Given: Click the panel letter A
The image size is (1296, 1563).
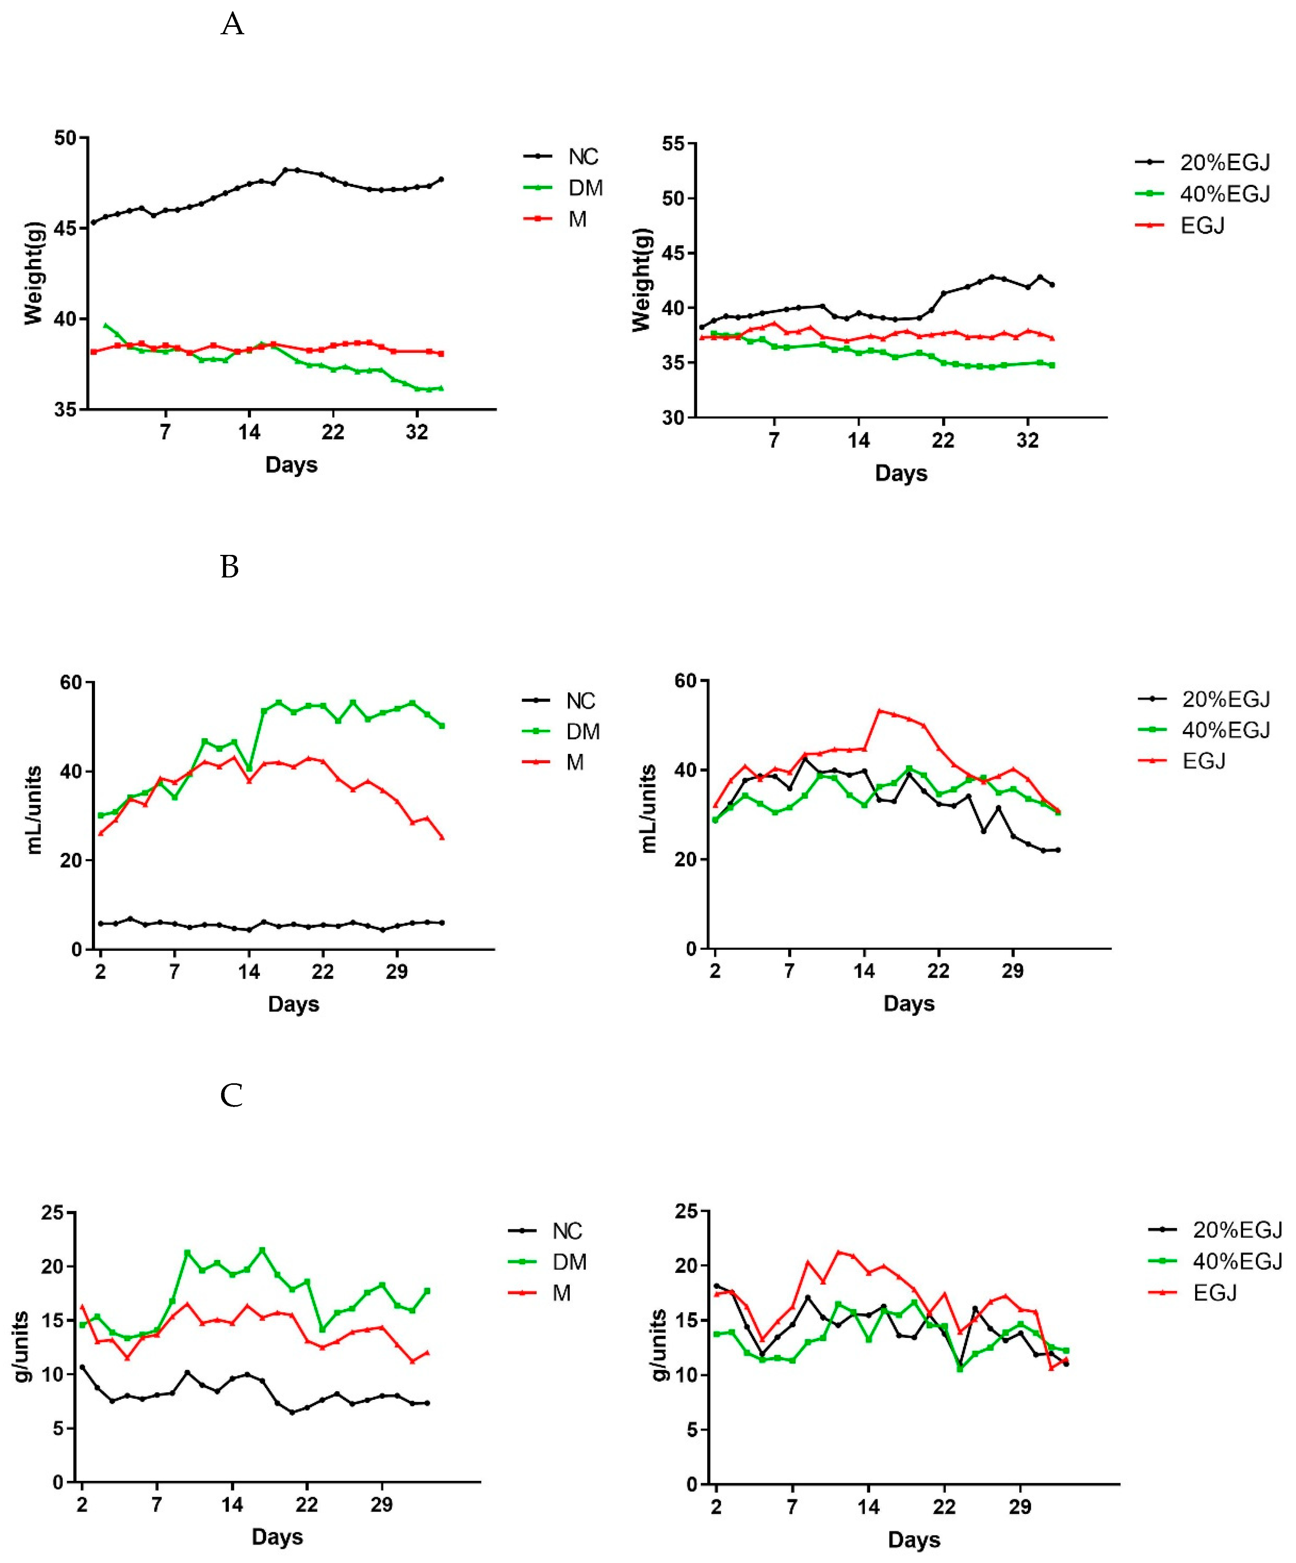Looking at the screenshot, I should click(x=232, y=25).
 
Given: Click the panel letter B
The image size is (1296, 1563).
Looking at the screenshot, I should click(x=229, y=567).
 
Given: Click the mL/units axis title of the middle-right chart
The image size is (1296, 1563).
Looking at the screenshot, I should click(x=648, y=808).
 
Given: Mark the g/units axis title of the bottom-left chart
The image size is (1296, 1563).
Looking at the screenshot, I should click(x=22, y=1347).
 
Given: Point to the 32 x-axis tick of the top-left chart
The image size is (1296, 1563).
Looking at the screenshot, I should click(x=416, y=432).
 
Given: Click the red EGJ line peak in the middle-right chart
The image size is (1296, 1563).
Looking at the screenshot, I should click(x=880, y=710).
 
